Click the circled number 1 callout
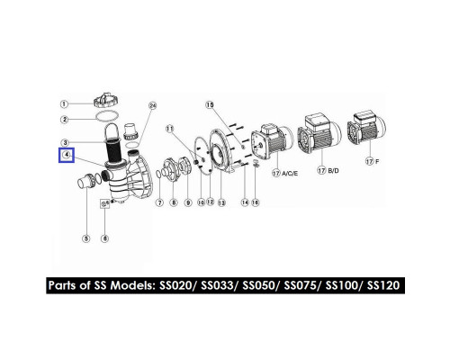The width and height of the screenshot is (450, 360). pos(64,104)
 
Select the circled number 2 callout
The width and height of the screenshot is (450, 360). pos(64,120)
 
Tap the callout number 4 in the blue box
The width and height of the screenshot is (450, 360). pos(67,155)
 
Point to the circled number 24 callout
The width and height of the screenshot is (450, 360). pos(153,106)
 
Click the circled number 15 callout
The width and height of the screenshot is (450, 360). pos(210,105)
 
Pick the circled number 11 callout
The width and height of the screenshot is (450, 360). pos(170,129)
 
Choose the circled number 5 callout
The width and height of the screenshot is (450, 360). pos(86,238)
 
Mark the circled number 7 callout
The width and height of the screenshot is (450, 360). pos(159,202)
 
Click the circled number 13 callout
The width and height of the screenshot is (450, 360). pos(221,203)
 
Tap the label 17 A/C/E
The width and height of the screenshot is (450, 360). pos(285,174)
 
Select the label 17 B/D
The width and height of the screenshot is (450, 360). pos(328,171)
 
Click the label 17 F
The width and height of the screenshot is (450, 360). pos(373,161)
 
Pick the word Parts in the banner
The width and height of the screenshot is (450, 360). pos(62,285)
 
